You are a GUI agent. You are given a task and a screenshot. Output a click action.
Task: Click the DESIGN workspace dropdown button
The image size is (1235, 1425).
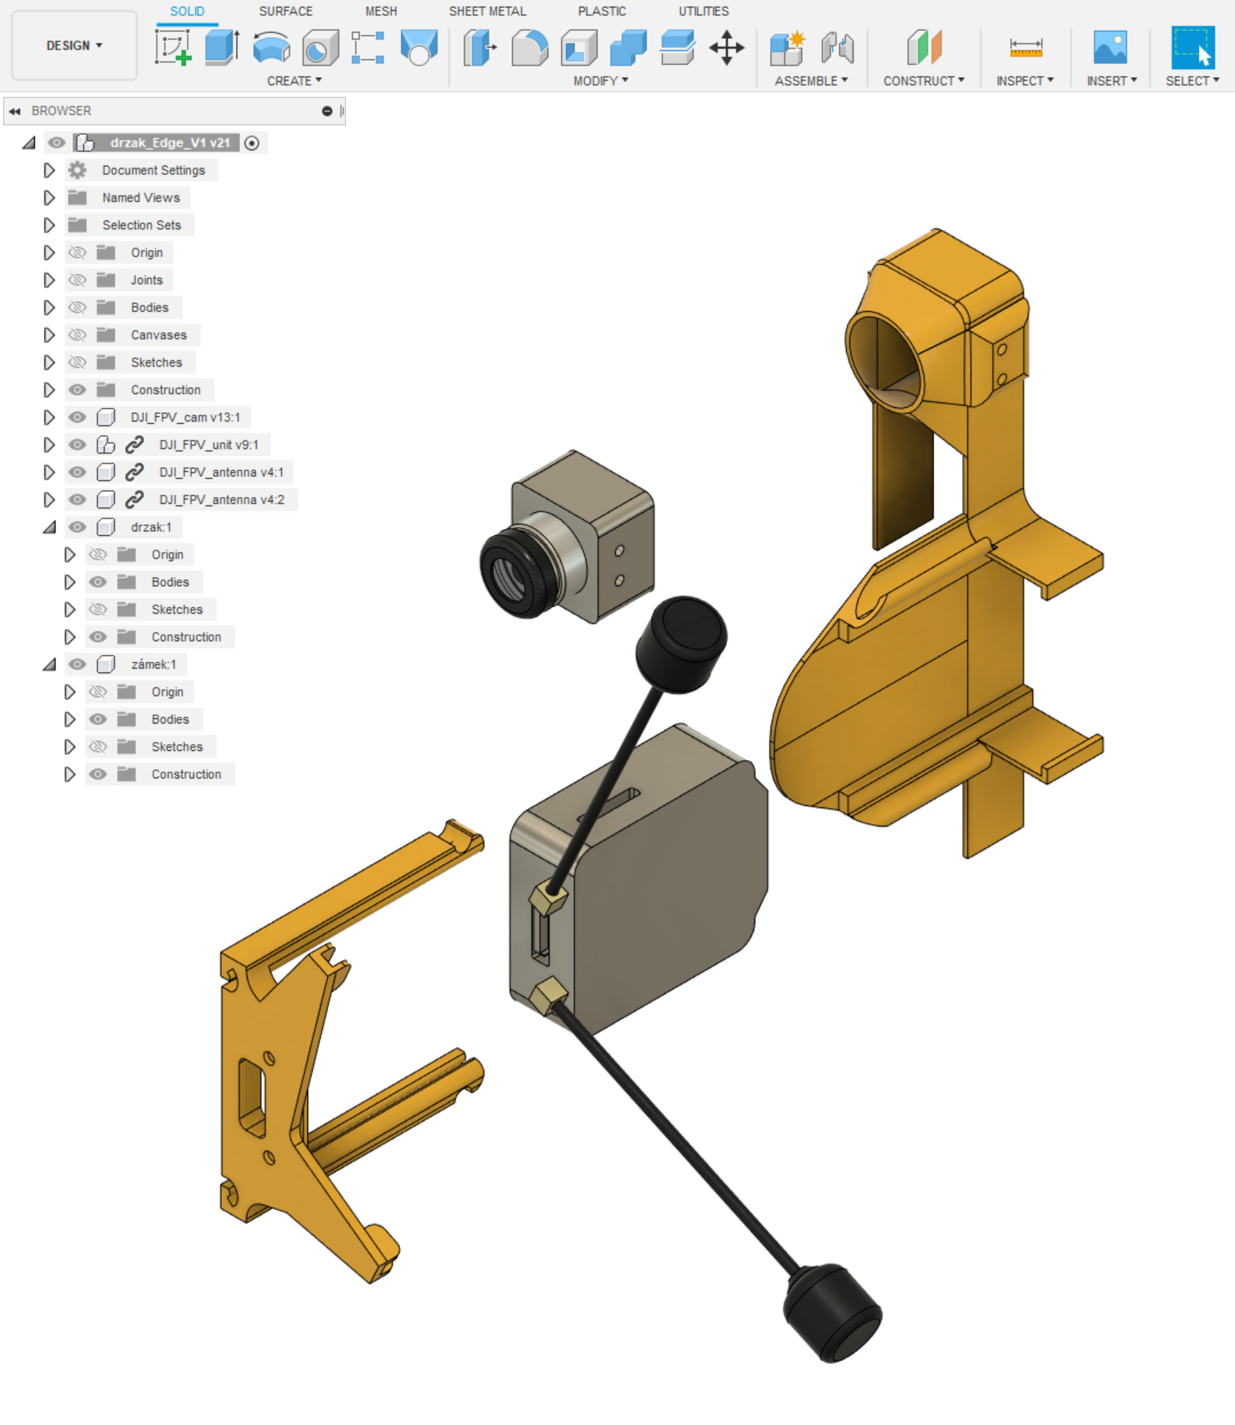coord(74,46)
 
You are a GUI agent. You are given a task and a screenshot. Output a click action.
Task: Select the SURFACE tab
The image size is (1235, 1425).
coord(286,11)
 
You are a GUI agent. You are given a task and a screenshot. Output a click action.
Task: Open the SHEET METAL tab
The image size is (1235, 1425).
coord(487,11)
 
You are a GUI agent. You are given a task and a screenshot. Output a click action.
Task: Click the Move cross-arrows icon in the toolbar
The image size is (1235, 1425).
coord(727,48)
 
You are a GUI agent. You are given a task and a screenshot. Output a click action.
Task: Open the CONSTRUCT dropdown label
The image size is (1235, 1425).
coord(923,81)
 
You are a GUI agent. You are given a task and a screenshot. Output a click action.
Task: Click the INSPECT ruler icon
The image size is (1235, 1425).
coord(1025,48)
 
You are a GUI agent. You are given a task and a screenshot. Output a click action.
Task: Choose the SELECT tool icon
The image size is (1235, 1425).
coord(1192,47)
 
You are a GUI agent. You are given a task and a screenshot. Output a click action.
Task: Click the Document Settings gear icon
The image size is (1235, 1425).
coord(77,170)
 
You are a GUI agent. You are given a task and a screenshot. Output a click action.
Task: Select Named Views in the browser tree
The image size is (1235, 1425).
coord(141,197)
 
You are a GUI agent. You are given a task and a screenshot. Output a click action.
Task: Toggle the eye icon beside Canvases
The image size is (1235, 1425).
coord(77,335)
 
